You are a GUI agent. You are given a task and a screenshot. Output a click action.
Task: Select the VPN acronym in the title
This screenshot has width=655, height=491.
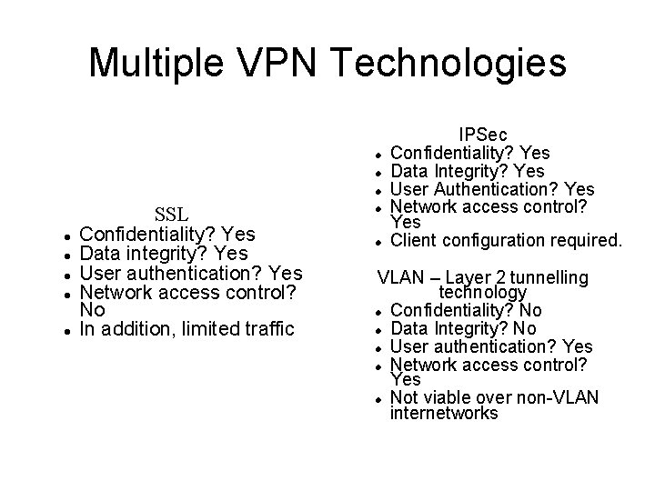click(277, 64)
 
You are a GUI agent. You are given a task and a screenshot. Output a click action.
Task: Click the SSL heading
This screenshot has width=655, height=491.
click(171, 215)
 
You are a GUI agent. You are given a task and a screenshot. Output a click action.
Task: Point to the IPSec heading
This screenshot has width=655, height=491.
click(483, 135)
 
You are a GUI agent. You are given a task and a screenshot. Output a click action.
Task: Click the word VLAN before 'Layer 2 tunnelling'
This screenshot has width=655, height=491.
click(400, 276)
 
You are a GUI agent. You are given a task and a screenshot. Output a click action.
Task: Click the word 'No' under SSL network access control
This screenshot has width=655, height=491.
click(92, 310)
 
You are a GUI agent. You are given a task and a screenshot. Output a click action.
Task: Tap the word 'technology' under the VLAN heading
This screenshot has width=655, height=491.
click(482, 293)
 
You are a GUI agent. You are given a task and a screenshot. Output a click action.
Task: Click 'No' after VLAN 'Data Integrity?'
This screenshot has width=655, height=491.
click(526, 328)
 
